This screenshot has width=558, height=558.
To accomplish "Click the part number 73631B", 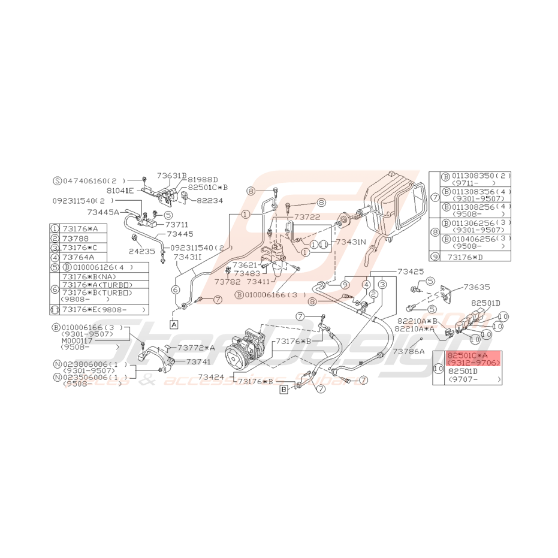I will pyautogui.click(x=172, y=176).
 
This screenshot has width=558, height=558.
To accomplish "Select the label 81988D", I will pyautogui.click(x=203, y=179).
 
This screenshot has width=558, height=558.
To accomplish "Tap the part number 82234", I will pyautogui.click(x=210, y=201).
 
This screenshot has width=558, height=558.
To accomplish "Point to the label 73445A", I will pyautogui.click(x=103, y=212).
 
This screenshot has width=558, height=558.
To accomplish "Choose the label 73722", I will pyautogui.click(x=307, y=216).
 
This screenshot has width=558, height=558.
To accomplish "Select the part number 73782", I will pyautogui.click(x=227, y=280).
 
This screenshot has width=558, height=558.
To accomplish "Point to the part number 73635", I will pyautogui.click(x=477, y=286).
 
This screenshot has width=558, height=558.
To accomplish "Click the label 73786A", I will pyautogui.click(x=408, y=351).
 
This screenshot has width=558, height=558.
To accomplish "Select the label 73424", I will pyautogui.click(x=211, y=377).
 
